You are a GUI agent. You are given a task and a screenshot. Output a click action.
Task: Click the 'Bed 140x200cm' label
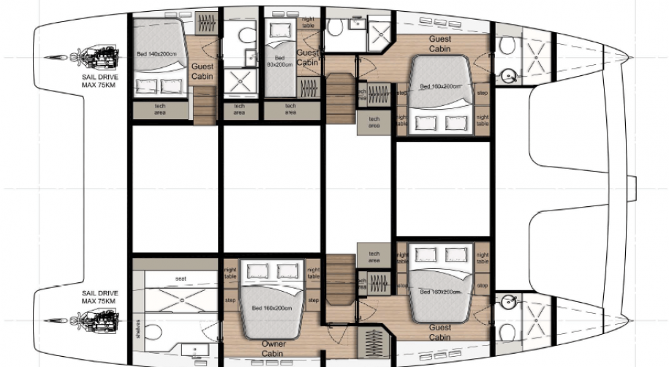[156, 53]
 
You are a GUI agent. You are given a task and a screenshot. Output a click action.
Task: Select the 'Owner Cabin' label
[273, 349]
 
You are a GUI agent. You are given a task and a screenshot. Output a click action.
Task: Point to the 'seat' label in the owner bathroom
[181, 278]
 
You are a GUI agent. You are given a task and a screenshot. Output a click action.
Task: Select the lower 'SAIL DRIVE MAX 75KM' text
[100, 297]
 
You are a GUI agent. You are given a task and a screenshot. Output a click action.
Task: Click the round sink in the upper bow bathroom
[507, 74]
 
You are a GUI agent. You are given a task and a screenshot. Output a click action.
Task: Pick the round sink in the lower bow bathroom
[507, 300]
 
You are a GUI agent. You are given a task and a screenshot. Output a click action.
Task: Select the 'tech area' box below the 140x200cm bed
[159, 110]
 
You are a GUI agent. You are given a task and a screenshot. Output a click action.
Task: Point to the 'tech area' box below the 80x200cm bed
[290, 110]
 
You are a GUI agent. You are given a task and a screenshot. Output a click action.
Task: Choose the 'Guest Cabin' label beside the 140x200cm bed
[202, 71]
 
